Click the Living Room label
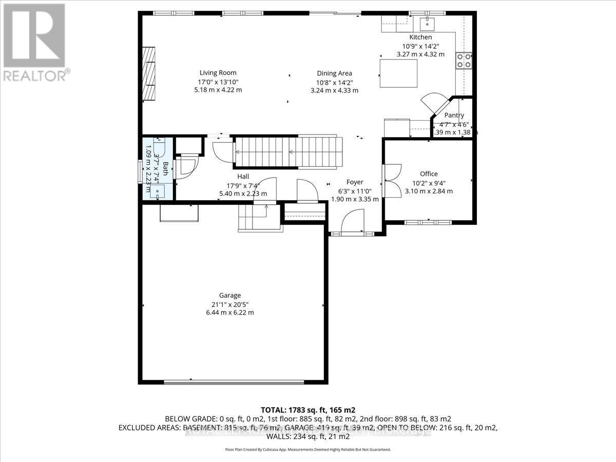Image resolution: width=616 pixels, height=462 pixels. [x=218, y=73]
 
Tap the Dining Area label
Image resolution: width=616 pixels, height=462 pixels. [x=334, y=73]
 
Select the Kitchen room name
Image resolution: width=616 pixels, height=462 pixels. [x=420, y=37]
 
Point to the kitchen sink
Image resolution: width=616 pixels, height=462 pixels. [x=427, y=24]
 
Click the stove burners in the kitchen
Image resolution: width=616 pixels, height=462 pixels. [x=464, y=61]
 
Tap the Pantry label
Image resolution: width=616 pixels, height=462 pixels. [x=454, y=115]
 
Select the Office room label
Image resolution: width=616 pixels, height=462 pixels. [x=429, y=174]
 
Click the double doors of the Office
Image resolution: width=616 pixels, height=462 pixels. [x=392, y=180]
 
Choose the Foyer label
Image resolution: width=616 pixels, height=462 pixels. [x=355, y=182]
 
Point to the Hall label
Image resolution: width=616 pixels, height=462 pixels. [x=243, y=177]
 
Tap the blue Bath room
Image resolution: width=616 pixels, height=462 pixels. [x=158, y=168]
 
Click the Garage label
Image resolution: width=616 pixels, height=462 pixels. [x=230, y=295]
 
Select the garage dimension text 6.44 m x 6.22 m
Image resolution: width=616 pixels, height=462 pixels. [x=230, y=312]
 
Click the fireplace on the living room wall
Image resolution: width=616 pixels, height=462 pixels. [x=149, y=74]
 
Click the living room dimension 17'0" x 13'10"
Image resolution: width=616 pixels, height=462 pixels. [x=218, y=82]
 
